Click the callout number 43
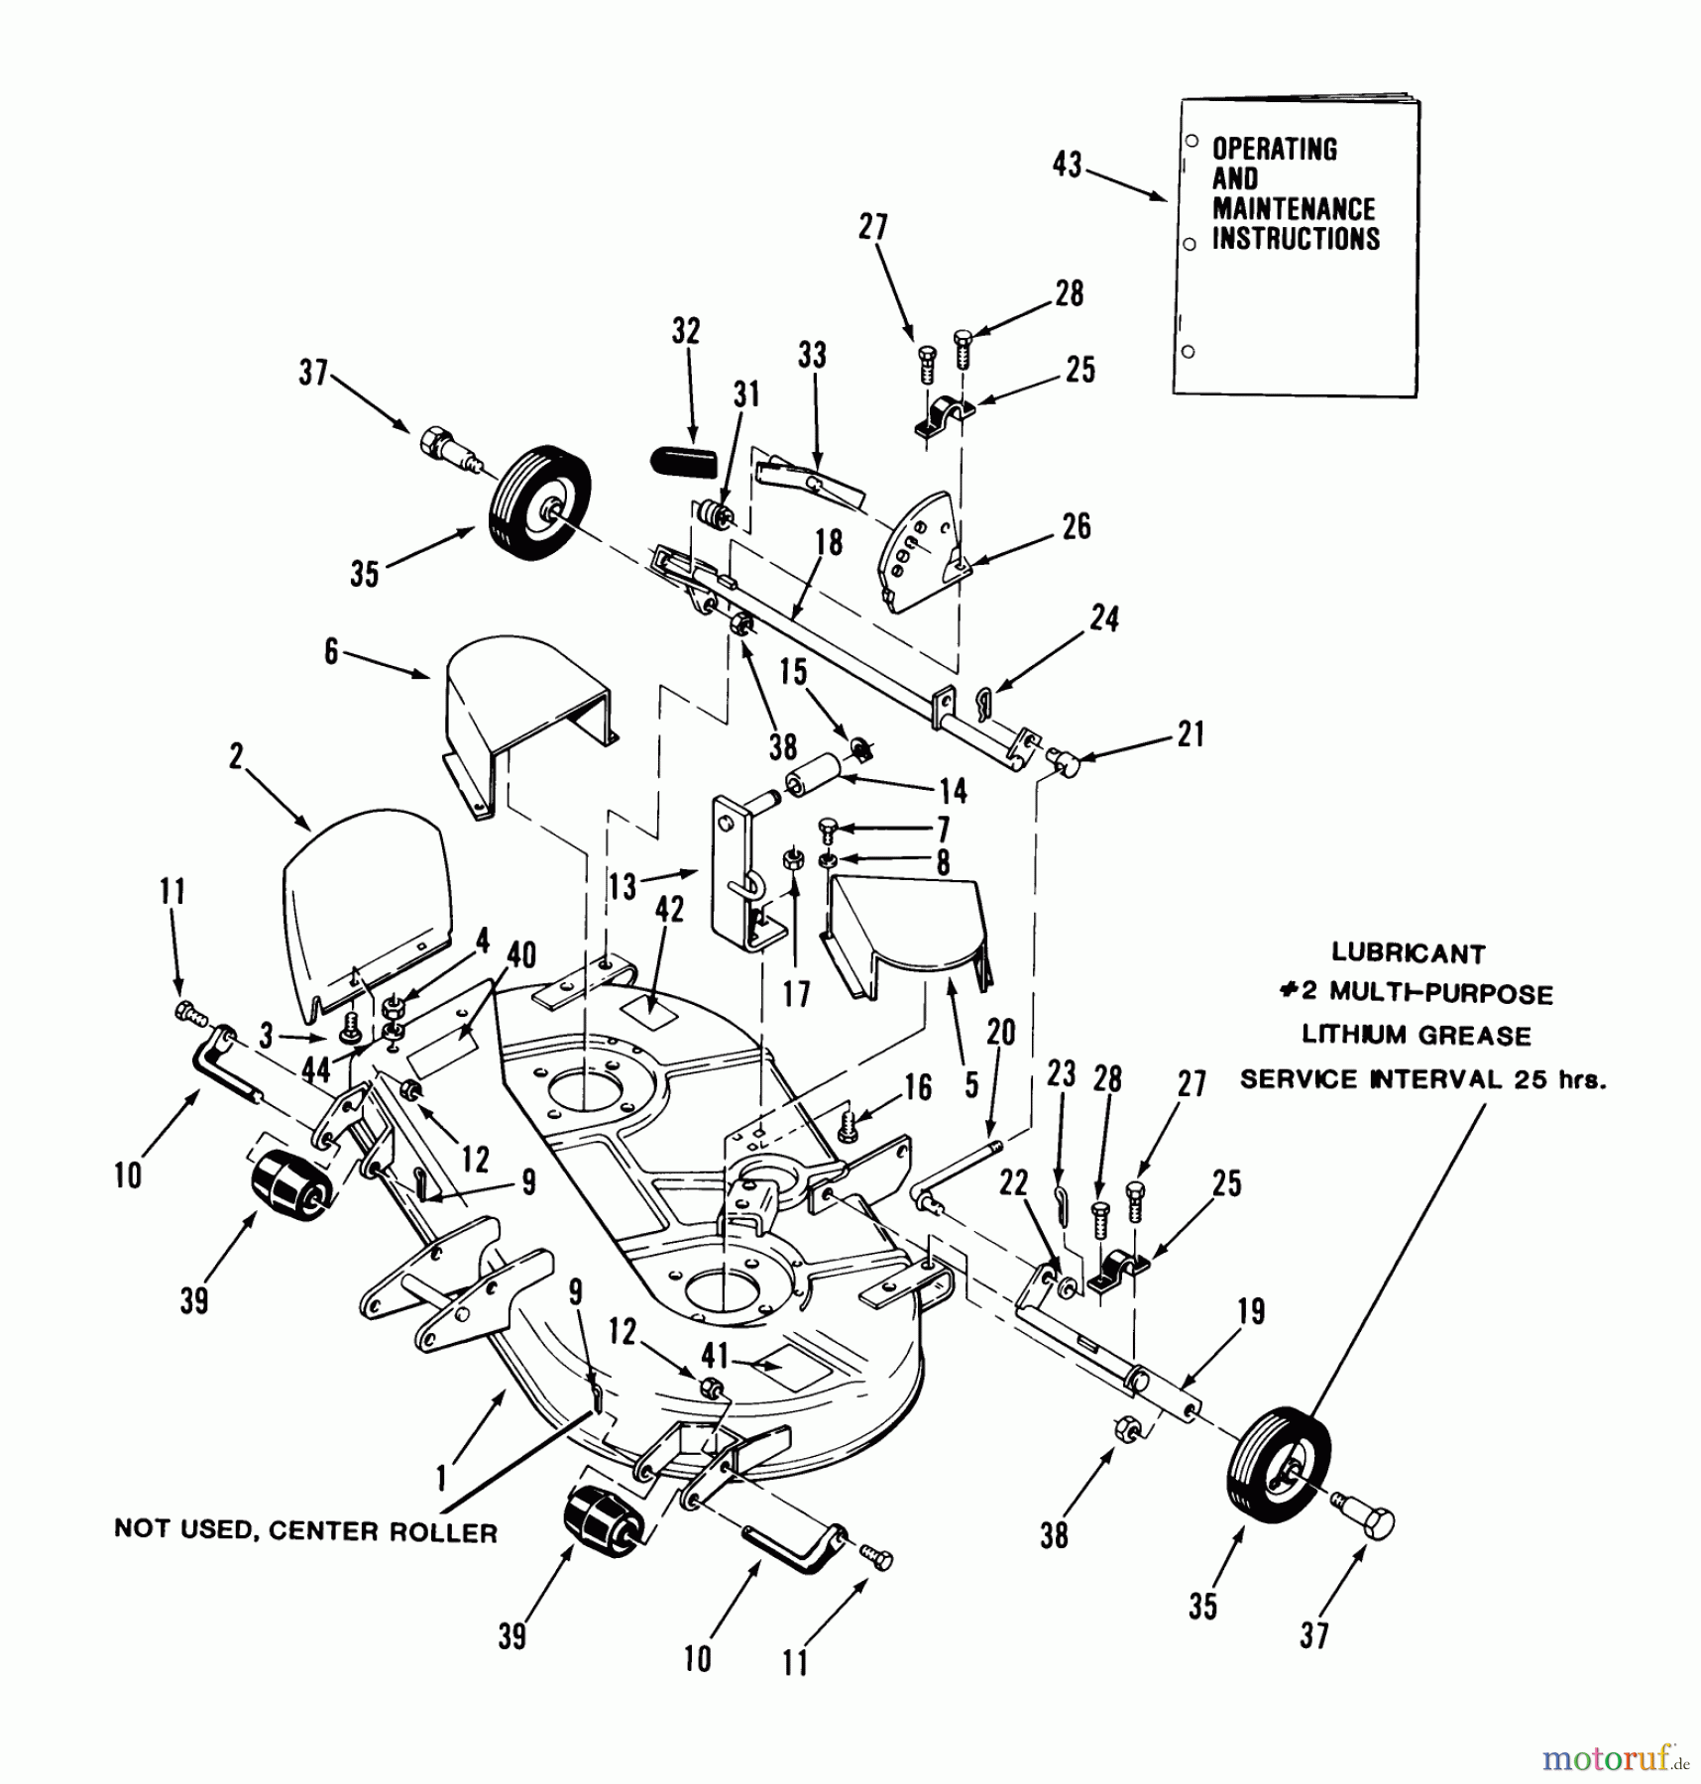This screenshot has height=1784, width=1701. pyautogui.click(x=1067, y=165)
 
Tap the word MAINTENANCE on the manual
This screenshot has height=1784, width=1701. pyautogui.click(x=1293, y=209)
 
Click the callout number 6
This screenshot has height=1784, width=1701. pyautogui.click(x=331, y=651)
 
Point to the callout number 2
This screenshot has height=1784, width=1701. pyautogui.click(x=236, y=757)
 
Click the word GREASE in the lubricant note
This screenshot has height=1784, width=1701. pyautogui.click(x=1476, y=1037)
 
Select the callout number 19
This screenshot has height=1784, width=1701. pyautogui.click(x=1251, y=1311)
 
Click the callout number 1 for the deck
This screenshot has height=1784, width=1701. pyautogui.click(x=442, y=1480)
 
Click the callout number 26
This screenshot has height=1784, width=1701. pyautogui.click(x=1076, y=526)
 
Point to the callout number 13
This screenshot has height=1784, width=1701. pyautogui.click(x=623, y=885)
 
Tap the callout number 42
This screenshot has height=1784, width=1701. pyautogui.click(x=669, y=909)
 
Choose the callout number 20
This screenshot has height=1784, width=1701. pyautogui.click(x=1000, y=1032)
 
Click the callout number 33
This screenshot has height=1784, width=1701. pyautogui.click(x=812, y=355)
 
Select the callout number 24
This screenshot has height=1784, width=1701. pyautogui.click(x=1104, y=618)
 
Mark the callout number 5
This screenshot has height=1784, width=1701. pyautogui.click(x=971, y=1084)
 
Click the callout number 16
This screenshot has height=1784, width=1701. pyautogui.click(x=918, y=1087)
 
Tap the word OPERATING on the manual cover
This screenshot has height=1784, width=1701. pyautogui.click(x=1274, y=150)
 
